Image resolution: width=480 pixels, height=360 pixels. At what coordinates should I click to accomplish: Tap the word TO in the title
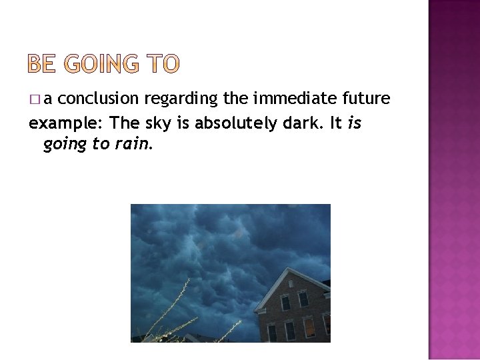(162, 64)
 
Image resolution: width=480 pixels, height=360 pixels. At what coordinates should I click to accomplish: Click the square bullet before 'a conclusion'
(35, 99)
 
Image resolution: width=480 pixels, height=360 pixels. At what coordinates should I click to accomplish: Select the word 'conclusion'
(103, 99)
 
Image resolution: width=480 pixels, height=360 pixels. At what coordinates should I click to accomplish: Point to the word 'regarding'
(181, 99)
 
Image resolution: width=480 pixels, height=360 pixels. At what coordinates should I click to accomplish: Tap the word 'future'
(365, 99)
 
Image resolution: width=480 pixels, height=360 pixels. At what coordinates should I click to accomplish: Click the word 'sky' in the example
(157, 123)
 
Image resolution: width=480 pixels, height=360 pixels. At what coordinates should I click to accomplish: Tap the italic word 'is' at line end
(354, 123)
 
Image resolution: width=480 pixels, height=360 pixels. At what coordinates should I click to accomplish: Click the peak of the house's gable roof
(289, 269)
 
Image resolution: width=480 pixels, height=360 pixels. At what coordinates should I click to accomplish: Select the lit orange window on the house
(309, 327)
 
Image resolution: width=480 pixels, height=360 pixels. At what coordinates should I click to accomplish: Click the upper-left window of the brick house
(285, 302)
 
